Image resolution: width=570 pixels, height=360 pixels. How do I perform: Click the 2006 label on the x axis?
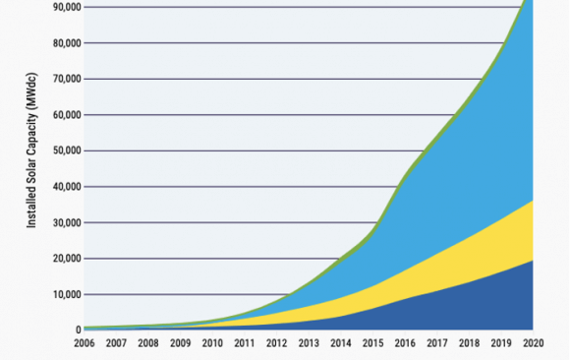(85, 344)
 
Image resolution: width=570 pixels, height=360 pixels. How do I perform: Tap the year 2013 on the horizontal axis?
(309, 344)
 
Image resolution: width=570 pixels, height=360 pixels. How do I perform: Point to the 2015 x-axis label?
(373, 344)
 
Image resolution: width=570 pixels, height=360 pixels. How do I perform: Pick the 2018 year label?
(469, 344)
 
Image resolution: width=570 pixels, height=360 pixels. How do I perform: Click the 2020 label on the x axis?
(533, 344)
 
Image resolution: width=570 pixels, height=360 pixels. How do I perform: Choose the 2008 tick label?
(149, 344)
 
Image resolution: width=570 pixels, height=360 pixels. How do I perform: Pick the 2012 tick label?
(277, 344)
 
